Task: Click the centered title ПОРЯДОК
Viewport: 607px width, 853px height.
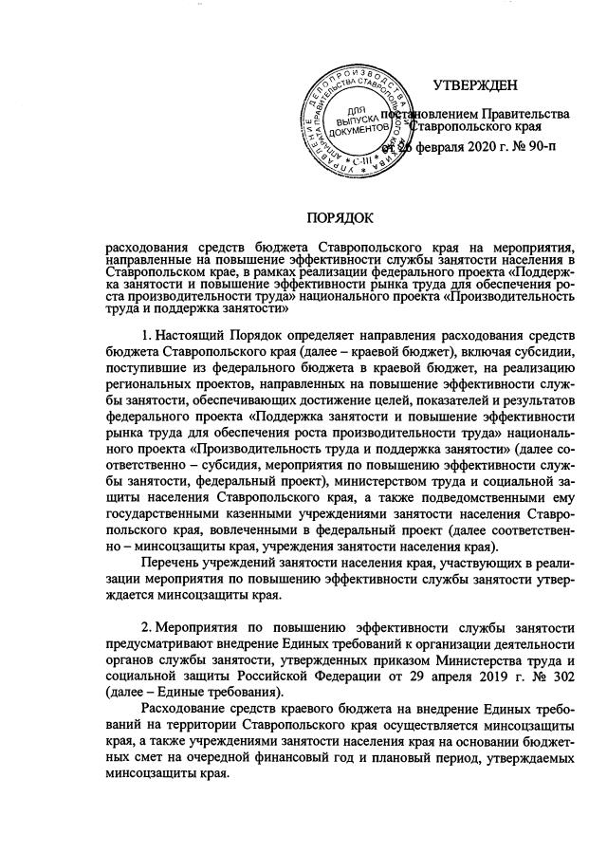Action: tap(342, 218)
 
